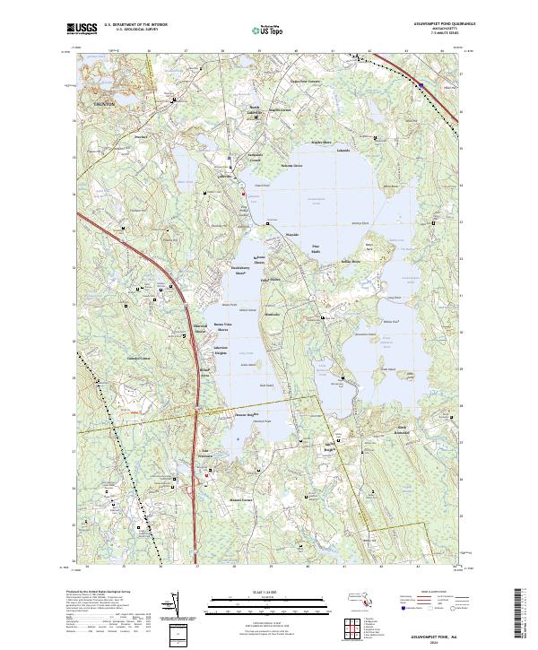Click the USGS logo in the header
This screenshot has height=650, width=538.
[x=82, y=30]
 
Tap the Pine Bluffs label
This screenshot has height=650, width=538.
[x=315, y=249]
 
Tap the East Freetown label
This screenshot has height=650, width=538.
[x=208, y=453]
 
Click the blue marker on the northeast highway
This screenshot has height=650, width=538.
[x=421, y=84]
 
